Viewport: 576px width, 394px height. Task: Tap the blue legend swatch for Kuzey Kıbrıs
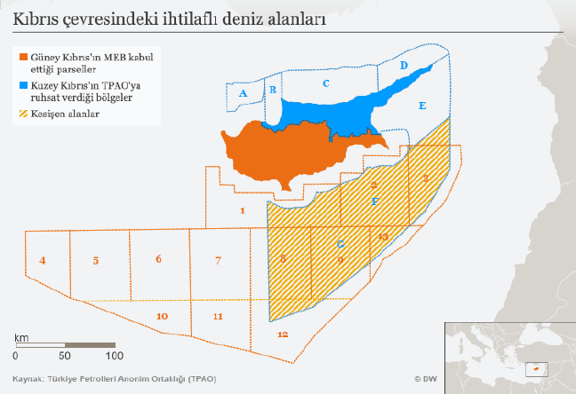(23, 86)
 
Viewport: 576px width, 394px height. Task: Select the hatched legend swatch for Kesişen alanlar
(23, 114)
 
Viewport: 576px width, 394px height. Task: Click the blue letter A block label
(243, 92)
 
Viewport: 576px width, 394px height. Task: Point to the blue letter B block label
(273, 90)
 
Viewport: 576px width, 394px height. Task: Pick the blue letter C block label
(326, 83)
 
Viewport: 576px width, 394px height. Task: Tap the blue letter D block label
(404, 67)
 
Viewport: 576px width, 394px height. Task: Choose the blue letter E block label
(422, 106)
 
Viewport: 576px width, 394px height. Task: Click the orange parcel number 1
(242, 210)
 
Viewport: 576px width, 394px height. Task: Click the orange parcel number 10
(162, 316)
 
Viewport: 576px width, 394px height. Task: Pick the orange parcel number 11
(219, 316)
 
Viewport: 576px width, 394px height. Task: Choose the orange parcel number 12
(283, 334)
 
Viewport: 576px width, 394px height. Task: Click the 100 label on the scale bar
(115, 356)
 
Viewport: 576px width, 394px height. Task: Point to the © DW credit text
(426, 378)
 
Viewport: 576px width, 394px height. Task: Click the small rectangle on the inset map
(535, 366)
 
